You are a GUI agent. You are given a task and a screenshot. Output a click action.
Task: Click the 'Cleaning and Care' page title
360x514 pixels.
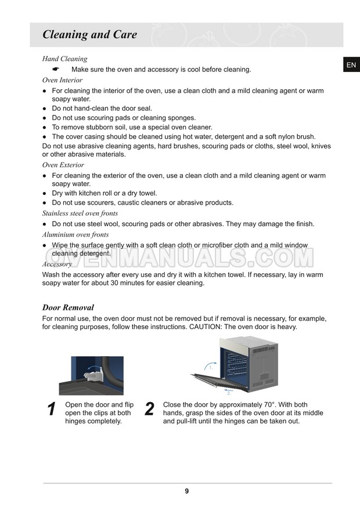pos(89,35)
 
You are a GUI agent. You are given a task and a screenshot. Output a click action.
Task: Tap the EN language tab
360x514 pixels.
pos(351,66)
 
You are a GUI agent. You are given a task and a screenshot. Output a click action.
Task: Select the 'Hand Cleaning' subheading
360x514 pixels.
pos(64,59)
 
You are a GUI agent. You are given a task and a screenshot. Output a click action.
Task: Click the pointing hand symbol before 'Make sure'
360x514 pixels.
pos(56,70)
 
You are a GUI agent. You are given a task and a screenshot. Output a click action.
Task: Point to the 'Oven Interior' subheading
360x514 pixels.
pos(62,80)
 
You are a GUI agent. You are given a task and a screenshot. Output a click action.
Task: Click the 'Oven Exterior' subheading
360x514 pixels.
pos(63,165)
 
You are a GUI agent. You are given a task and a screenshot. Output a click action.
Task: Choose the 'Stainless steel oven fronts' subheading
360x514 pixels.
pos(80,213)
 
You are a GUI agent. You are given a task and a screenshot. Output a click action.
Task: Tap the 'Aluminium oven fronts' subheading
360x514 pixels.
pos(75,234)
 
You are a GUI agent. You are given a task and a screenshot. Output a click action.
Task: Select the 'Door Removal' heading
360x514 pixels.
pos(68,307)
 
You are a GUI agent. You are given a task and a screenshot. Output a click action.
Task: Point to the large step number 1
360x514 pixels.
pos(51,409)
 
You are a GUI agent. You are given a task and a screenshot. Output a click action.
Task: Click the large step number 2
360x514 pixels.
pos(149,409)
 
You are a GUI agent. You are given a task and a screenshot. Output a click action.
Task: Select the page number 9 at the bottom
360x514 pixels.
pos(187,491)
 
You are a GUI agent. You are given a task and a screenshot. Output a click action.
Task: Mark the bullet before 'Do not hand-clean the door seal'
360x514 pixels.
pos(45,108)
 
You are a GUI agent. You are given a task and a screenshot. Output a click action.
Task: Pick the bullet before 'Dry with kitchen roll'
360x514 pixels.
pos(45,193)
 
